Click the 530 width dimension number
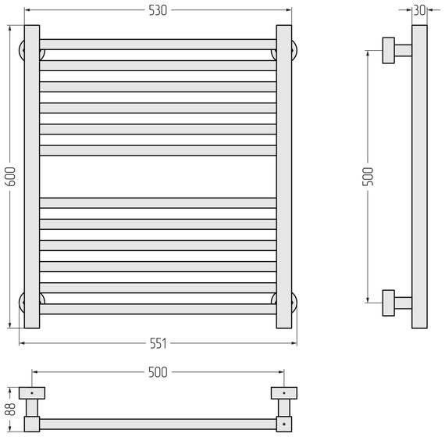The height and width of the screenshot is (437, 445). (158, 10)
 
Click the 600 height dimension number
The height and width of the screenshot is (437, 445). (11, 177)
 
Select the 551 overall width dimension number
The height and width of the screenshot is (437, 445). (158, 344)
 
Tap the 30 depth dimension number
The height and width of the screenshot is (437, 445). (419, 10)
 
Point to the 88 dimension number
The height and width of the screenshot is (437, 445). (11, 410)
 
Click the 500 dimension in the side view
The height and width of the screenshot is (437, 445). (368, 177)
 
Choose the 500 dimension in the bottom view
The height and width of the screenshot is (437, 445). (158, 372)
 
